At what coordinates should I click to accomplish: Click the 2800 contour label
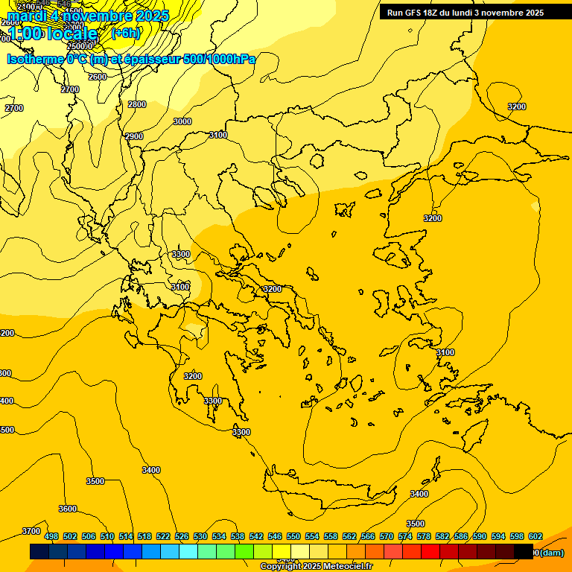pos(137,105)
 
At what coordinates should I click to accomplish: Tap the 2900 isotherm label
pos(134,136)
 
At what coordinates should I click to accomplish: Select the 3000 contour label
pos(182,121)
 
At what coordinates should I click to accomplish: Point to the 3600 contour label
pos(67,509)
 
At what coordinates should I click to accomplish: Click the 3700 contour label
pos(31,531)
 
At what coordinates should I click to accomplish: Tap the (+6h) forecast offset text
pos(124,33)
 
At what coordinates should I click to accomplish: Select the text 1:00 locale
pos(53,34)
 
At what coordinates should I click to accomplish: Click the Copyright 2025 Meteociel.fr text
pos(316,567)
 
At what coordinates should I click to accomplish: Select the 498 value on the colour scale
pos(51,536)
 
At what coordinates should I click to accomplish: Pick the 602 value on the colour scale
pos(536,536)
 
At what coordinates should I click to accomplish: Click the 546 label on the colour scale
pos(275,536)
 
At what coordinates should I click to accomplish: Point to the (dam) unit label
pos(551,553)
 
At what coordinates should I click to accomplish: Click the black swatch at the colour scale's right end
pos(524,552)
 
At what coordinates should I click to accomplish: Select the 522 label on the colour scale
pos(163,536)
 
